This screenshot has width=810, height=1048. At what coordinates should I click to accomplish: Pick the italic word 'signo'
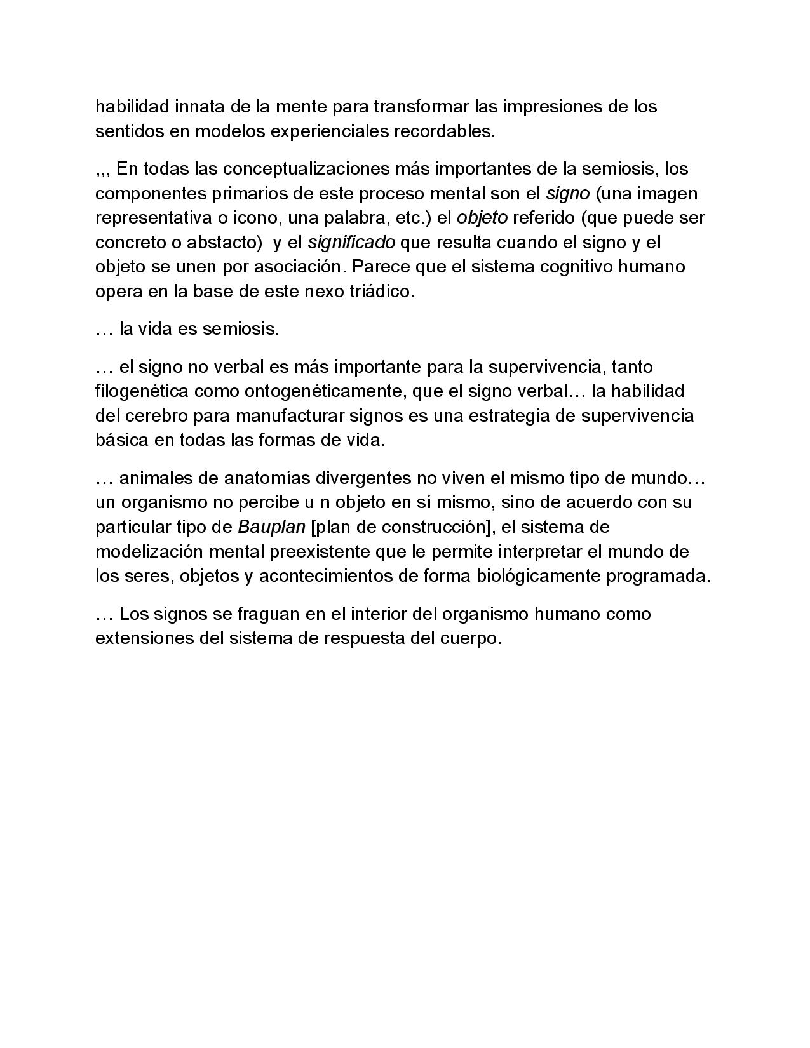click(568, 193)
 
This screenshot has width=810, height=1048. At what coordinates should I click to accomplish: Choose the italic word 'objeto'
click(482, 218)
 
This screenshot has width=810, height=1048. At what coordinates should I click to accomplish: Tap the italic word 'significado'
click(351, 243)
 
